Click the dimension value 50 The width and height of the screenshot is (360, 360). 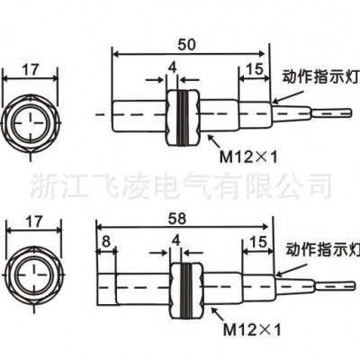186,45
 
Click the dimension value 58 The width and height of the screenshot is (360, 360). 177,219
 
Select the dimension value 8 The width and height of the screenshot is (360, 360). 106,242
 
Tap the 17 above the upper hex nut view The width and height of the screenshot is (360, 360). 31,70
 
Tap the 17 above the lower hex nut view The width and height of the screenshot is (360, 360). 33,222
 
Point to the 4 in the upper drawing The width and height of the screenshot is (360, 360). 172,68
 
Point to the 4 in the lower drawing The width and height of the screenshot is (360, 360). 176,240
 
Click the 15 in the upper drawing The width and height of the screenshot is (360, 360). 255,69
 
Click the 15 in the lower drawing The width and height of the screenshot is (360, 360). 258,242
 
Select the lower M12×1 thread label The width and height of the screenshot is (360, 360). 252,330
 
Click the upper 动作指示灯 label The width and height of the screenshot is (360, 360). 320,77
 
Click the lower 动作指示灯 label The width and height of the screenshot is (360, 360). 322,250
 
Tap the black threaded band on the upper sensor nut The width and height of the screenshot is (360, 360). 182,118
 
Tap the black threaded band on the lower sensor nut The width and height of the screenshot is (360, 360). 186,290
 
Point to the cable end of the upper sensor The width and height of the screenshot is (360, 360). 348,114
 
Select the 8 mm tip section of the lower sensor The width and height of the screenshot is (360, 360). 106,289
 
